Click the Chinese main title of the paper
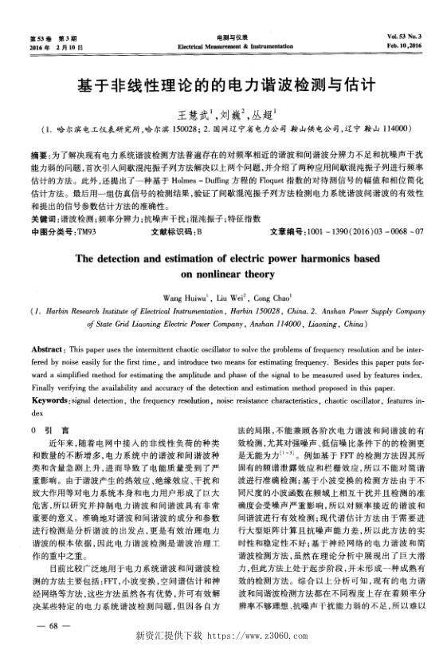221,82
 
